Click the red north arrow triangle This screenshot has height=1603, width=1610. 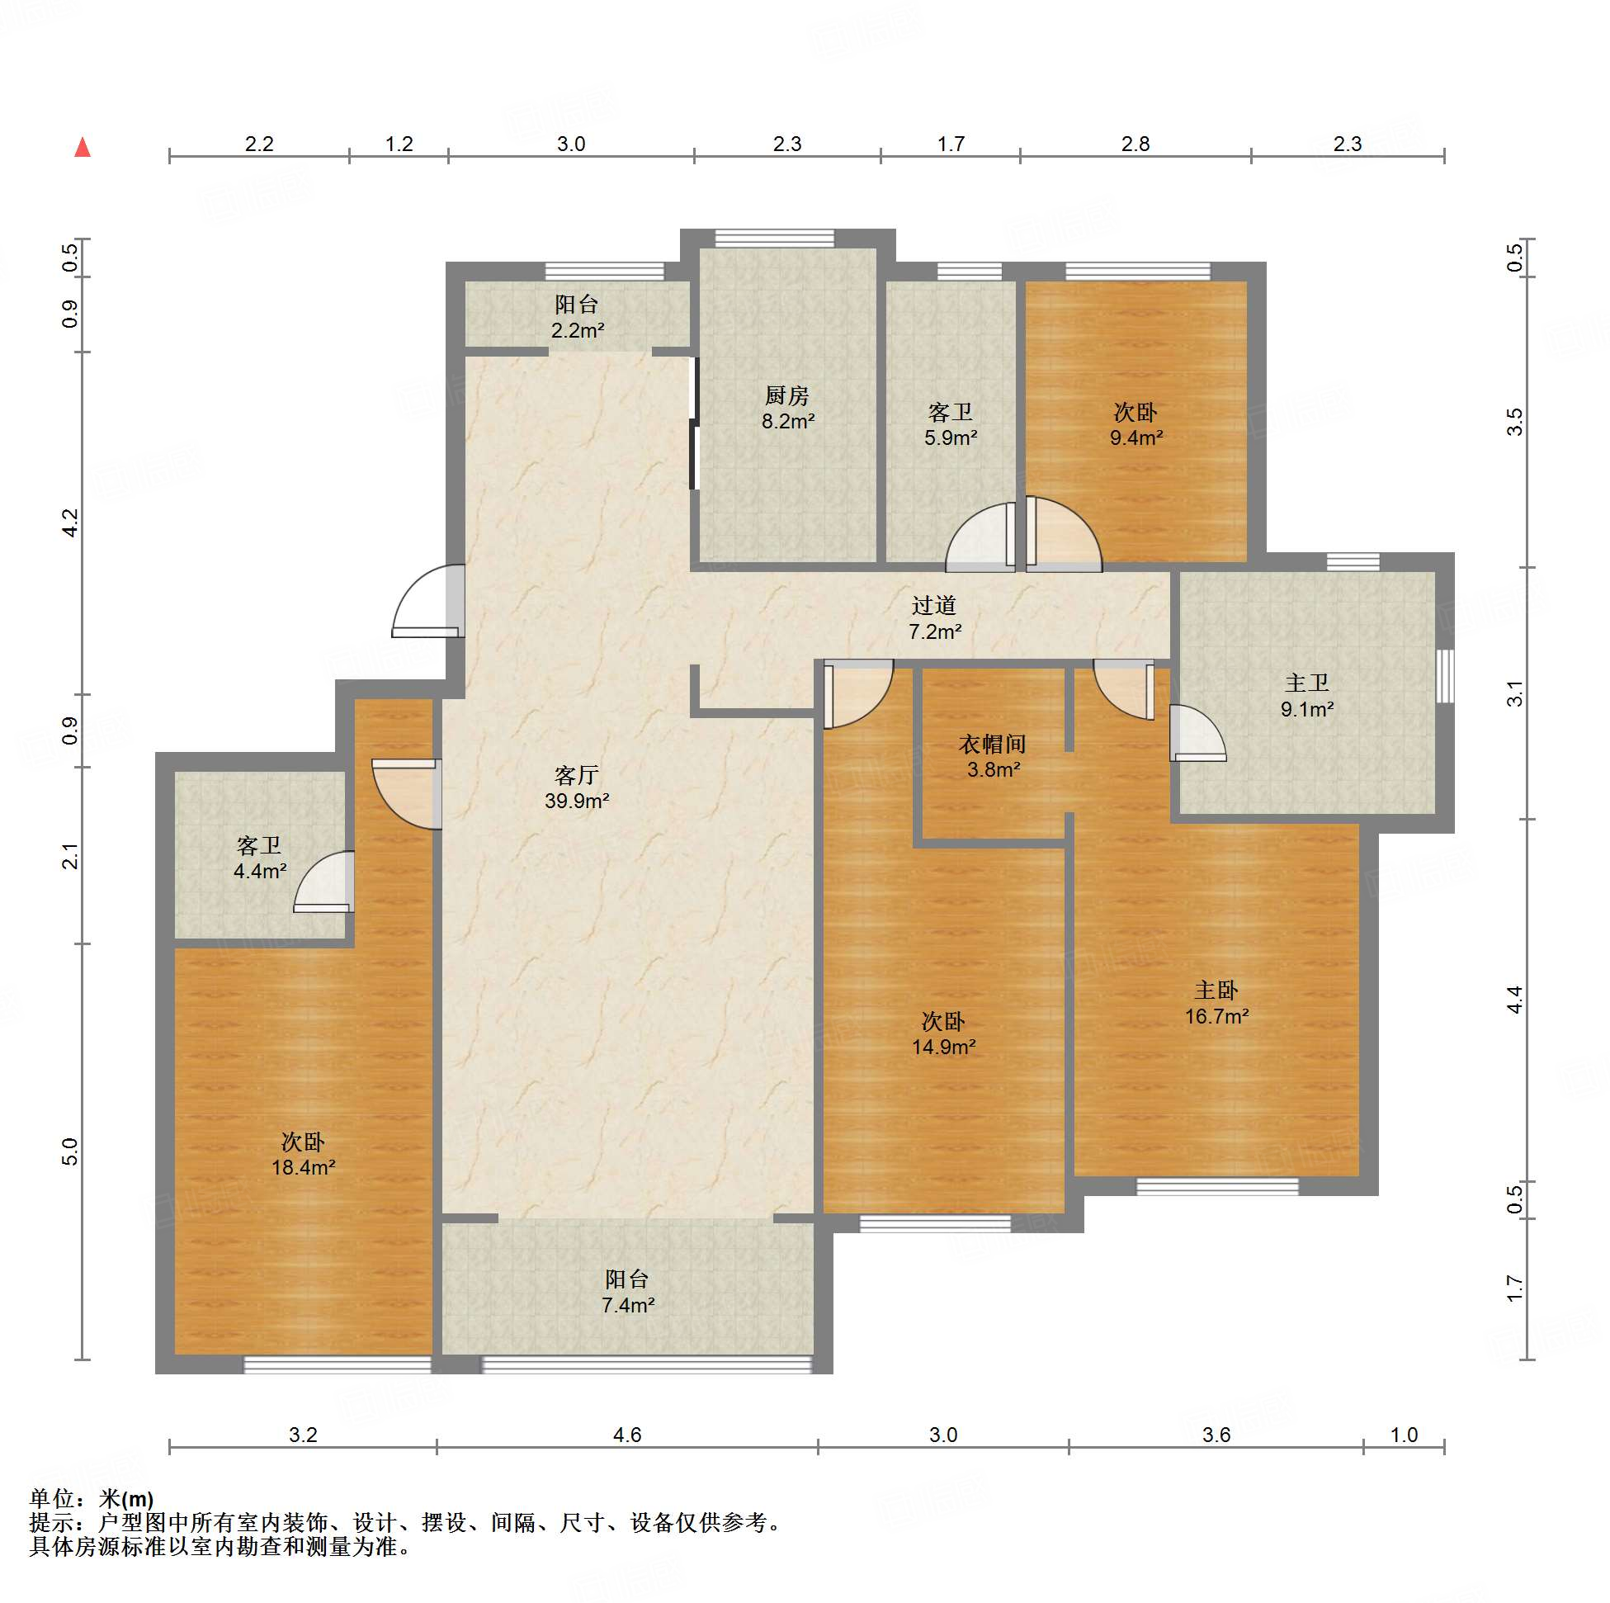click(x=83, y=148)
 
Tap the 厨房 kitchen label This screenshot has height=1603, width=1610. click(x=786, y=395)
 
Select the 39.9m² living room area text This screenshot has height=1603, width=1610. click(x=577, y=801)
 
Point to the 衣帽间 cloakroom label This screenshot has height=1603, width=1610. click(x=992, y=744)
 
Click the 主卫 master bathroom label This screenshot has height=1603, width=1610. click(x=1306, y=683)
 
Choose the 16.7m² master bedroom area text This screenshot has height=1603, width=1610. click(x=1216, y=1016)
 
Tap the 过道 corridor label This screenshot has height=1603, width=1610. click(x=933, y=605)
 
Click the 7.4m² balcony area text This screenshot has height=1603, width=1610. click(x=627, y=1305)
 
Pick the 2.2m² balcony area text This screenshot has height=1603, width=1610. click(x=578, y=331)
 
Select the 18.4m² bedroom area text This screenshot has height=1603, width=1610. click(x=304, y=1167)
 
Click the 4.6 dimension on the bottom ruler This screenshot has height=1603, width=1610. click(x=626, y=1435)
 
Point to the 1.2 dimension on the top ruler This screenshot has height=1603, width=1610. click(x=399, y=144)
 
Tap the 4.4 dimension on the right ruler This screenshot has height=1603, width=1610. click(x=1514, y=1000)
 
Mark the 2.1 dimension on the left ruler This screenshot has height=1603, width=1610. click(x=70, y=856)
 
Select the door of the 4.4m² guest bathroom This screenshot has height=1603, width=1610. click(x=324, y=882)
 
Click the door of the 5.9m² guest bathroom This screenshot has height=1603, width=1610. click(x=981, y=537)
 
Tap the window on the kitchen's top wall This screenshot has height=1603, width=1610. click(x=775, y=239)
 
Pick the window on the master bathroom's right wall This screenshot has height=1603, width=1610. click(x=1446, y=675)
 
